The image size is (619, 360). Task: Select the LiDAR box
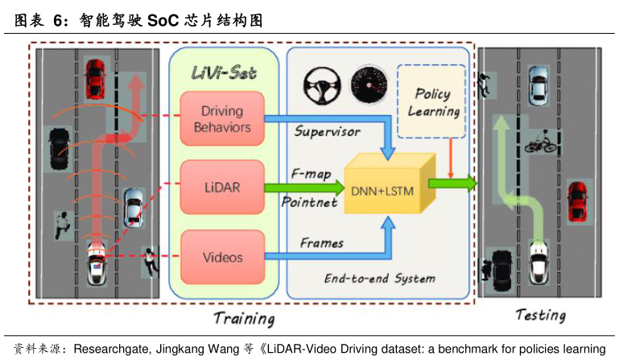tap(211, 187)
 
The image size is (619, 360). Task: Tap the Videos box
tap(211, 258)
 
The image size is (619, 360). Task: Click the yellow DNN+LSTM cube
tap(383, 187)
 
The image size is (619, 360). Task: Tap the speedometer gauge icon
tap(369, 84)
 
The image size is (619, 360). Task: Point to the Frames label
tap(322, 242)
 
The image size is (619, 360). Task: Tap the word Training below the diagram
tap(244, 319)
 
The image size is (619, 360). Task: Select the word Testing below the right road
tap(540, 315)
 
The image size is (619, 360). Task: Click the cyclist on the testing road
tap(540, 143)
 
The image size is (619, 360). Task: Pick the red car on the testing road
tap(576, 200)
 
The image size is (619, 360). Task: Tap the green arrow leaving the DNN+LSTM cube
tap(453, 184)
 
